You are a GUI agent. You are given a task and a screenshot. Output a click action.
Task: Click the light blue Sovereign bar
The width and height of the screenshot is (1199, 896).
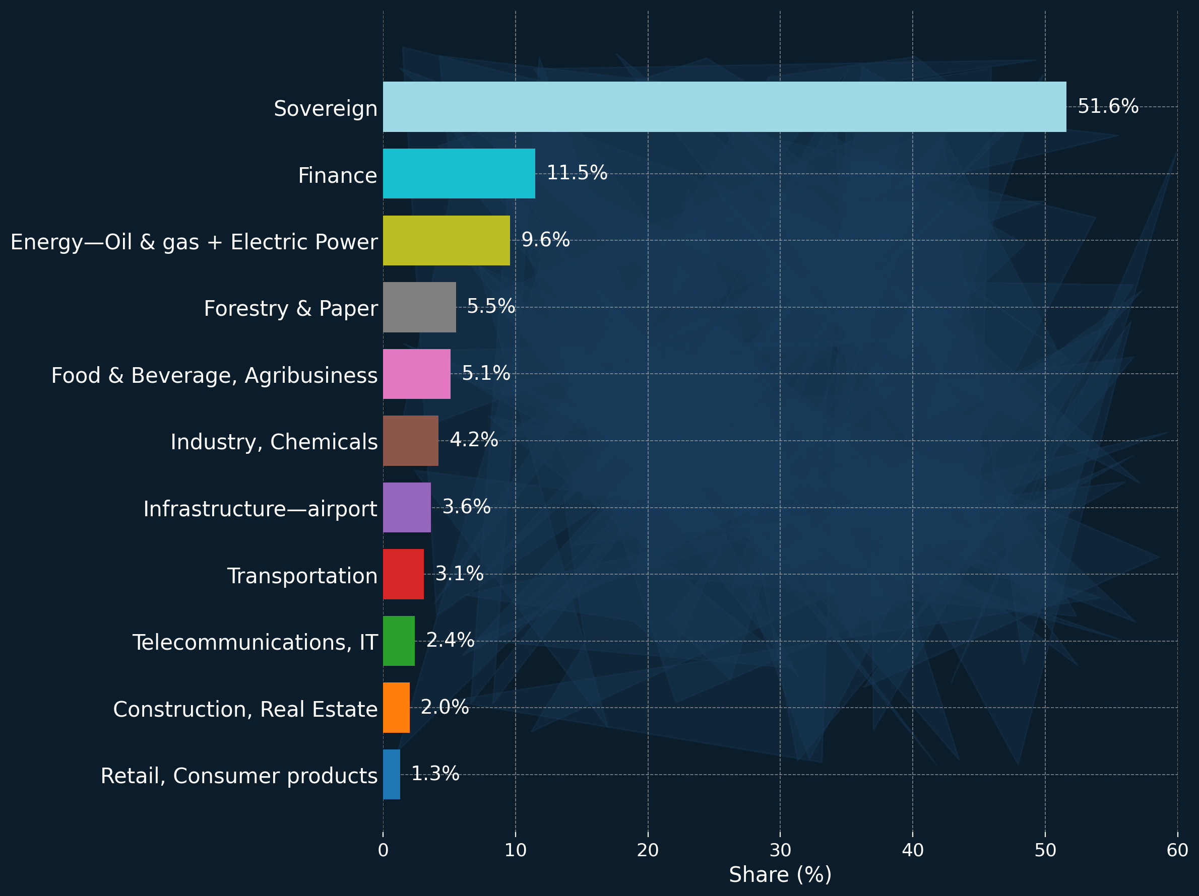[724, 107]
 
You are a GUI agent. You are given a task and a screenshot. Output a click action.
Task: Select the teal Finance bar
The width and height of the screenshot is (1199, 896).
[459, 173]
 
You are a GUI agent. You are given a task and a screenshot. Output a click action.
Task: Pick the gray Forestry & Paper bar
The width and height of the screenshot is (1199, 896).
[419, 307]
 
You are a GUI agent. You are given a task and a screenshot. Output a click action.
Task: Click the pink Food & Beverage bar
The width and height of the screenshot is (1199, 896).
[416, 374]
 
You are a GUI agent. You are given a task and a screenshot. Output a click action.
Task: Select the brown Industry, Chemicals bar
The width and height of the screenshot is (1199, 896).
[410, 440]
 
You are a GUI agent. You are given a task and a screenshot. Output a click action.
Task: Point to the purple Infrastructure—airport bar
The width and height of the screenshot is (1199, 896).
[407, 508]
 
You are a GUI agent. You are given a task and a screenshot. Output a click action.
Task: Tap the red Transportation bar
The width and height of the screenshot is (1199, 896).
[403, 574]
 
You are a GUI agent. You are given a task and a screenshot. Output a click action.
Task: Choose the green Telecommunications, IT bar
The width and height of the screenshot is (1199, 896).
[398, 641]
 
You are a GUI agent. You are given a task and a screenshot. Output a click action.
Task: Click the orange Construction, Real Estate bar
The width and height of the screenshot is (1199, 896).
[396, 708]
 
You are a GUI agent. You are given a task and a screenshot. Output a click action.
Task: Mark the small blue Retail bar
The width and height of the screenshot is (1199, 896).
[392, 774]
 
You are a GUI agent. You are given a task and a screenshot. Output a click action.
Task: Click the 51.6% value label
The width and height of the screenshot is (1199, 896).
[1107, 106]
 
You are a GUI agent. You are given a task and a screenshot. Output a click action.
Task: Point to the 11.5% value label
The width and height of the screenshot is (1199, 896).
[577, 173]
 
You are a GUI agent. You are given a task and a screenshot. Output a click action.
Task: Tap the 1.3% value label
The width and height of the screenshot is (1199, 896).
[435, 774]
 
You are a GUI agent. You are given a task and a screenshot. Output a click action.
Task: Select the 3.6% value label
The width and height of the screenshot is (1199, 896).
[466, 507]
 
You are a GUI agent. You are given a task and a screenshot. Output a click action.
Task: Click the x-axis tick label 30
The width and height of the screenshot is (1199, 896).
[780, 851]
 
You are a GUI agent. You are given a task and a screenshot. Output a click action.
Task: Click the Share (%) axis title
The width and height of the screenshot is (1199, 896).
[780, 875]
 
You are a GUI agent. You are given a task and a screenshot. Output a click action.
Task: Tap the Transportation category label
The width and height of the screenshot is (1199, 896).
[302, 576]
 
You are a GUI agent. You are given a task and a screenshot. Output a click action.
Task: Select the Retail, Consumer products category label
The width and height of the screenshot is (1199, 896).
[238, 776]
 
